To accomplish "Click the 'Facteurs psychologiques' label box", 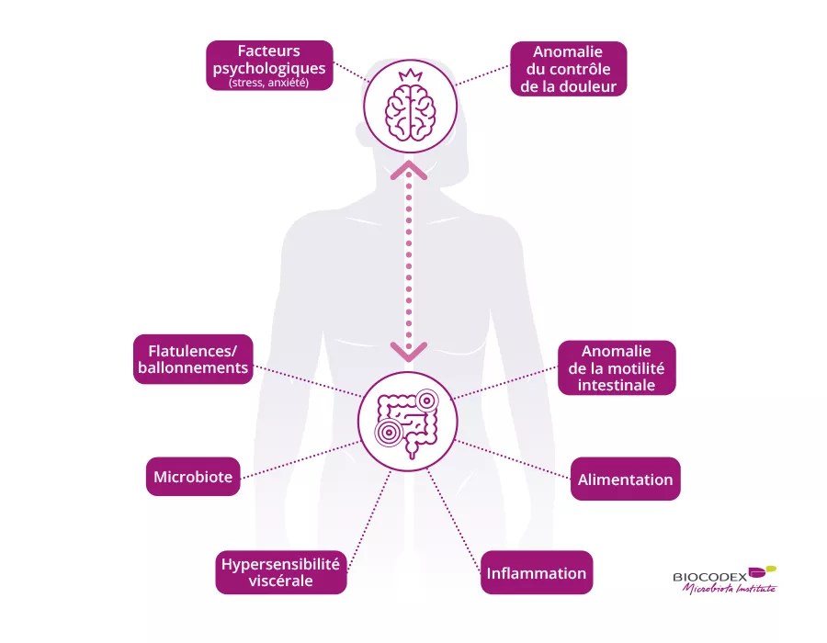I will tap(269, 64).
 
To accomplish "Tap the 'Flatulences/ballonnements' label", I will tap(192, 358).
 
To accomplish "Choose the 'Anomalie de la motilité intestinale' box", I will tap(617, 367).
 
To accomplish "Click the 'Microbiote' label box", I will tap(193, 477).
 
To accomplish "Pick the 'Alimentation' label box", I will tap(625, 479).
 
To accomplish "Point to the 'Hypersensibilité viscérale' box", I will tap(280, 572).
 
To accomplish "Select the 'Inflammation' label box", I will tap(537, 573).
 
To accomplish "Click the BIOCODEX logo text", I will tap(709, 577).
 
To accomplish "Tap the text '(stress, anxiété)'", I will tap(269, 84).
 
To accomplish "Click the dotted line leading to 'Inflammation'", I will tap(452, 514).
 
